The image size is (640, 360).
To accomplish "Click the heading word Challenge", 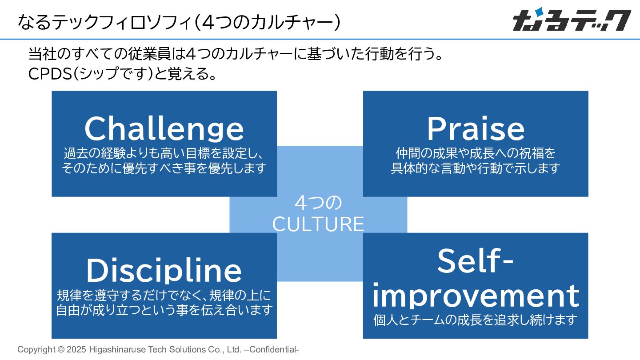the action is click(x=164, y=129).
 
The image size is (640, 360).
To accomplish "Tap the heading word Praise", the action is click(x=476, y=129).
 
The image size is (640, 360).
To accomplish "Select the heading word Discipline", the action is click(x=164, y=271).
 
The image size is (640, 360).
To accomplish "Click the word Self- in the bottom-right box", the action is click(x=475, y=261).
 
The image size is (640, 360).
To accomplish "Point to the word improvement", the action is click(x=476, y=295).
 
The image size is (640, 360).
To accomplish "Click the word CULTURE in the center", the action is click(x=318, y=224).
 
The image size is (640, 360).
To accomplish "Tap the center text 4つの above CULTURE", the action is click(x=318, y=203).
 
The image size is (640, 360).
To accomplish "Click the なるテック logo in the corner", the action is click(x=572, y=20).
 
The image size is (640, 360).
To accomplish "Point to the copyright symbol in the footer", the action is click(x=61, y=350).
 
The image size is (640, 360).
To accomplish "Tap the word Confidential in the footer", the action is click(x=273, y=350).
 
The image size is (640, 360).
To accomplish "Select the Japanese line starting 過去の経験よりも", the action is click(x=164, y=153).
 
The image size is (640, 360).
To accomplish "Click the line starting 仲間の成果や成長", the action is click(x=476, y=153).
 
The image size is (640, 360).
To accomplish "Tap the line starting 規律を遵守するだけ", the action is click(x=164, y=295).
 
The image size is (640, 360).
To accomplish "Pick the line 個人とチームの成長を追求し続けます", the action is click(x=475, y=320).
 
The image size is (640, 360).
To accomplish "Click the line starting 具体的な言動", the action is click(x=476, y=168).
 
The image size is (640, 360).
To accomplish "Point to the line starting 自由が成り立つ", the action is click(x=164, y=310).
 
